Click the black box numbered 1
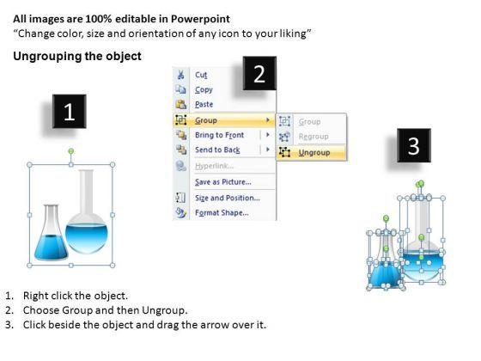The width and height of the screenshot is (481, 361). (70, 112)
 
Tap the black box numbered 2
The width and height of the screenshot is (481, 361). (259, 73)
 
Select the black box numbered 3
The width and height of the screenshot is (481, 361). (414, 145)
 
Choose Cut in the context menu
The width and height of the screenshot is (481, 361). (201, 75)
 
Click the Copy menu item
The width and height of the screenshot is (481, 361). (204, 89)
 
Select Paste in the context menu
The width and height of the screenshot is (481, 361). (204, 104)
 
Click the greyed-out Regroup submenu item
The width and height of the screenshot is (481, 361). (314, 137)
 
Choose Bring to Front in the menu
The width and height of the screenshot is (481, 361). (219, 135)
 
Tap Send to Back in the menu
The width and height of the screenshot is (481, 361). (217, 150)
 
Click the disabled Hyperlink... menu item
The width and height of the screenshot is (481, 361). (214, 166)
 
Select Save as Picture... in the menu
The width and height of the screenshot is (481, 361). (223, 182)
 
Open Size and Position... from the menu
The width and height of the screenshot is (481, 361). (228, 198)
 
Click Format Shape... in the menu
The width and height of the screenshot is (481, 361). (222, 213)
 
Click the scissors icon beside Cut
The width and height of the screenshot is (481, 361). (180, 75)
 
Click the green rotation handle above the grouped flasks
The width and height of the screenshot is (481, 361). (70, 151)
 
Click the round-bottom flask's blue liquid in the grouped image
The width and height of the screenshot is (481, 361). (87, 237)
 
